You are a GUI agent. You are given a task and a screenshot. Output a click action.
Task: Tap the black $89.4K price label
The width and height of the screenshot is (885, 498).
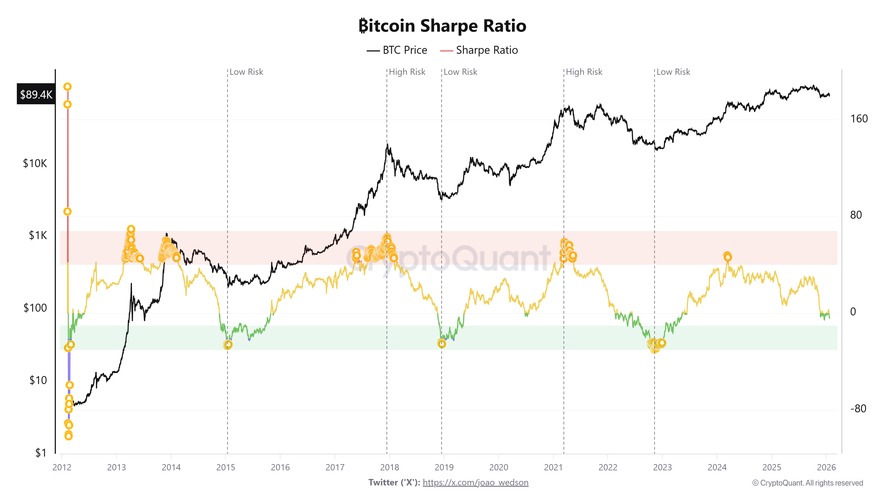tap(36, 94)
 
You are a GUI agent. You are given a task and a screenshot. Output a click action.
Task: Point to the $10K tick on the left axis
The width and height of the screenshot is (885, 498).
tap(35, 163)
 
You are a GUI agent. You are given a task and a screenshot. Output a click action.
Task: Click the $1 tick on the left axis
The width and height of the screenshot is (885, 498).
tap(40, 453)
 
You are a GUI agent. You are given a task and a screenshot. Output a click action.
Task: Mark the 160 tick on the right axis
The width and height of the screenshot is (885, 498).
tap(858, 119)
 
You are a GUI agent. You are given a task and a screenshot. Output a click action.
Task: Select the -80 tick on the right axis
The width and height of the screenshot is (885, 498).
tap(858, 409)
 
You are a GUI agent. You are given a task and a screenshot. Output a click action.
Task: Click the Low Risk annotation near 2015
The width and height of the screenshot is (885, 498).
tap(246, 72)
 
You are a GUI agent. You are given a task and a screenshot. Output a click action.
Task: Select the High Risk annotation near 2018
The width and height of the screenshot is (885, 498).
tap(407, 72)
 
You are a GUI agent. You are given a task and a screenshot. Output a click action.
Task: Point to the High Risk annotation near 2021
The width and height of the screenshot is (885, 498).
tap(584, 72)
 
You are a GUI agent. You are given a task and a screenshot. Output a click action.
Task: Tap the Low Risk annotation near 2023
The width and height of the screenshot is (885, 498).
tap(673, 72)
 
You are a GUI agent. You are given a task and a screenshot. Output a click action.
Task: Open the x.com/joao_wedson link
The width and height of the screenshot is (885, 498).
tap(475, 483)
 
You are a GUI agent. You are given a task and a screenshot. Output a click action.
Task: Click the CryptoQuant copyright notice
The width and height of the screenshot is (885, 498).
tap(807, 483)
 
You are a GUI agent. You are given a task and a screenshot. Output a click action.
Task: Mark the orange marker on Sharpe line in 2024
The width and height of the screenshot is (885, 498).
tap(727, 256)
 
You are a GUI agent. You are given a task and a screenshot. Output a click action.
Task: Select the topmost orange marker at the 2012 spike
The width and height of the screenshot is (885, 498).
tap(67, 87)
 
